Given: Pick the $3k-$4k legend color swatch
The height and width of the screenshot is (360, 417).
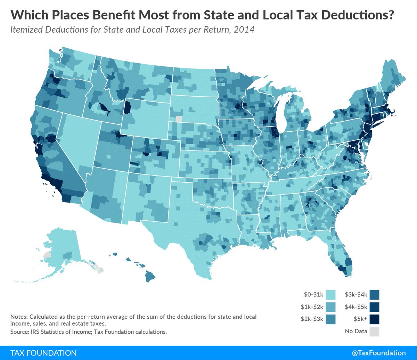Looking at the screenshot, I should tap(375, 295).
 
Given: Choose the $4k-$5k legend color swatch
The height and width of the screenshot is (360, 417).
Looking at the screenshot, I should tap(375, 307).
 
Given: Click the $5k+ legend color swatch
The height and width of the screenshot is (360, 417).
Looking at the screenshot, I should tap(375, 319).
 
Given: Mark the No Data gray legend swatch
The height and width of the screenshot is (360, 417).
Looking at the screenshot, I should tap(375, 331).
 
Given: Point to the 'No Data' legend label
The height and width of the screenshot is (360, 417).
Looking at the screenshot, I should tap(356, 331).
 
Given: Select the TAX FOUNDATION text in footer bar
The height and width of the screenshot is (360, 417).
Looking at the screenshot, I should tap(43, 353).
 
